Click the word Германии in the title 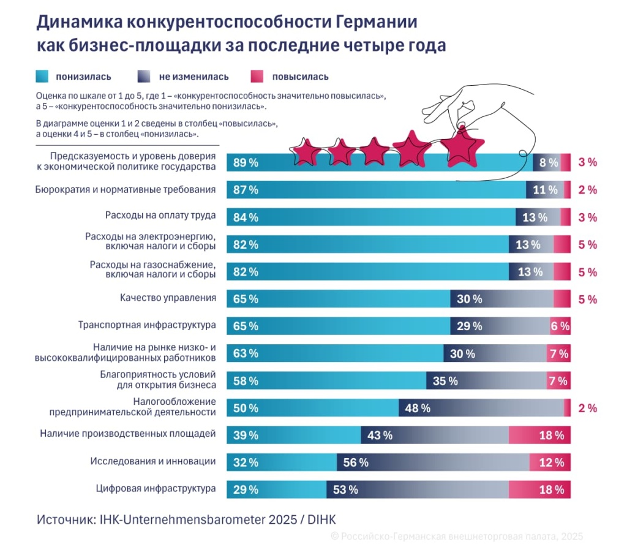[x=376, y=23]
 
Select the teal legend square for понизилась [x=43, y=77]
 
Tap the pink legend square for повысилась [x=258, y=77]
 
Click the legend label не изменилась [x=193, y=77]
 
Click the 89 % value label [x=246, y=163]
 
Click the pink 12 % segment [x=550, y=462]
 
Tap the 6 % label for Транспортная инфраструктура [x=560, y=326]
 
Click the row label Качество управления [x=168, y=298]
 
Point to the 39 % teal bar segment [x=293, y=435]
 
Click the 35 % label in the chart [x=445, y=381]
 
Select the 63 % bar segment [x=334, y=353]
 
